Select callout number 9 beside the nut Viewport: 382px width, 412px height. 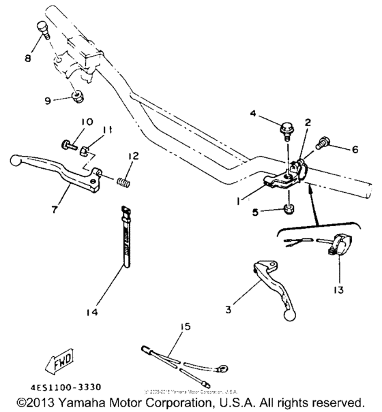pos(48,101)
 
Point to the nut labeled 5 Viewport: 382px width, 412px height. pos(289,207)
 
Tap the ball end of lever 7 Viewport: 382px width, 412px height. pos(16,161)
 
